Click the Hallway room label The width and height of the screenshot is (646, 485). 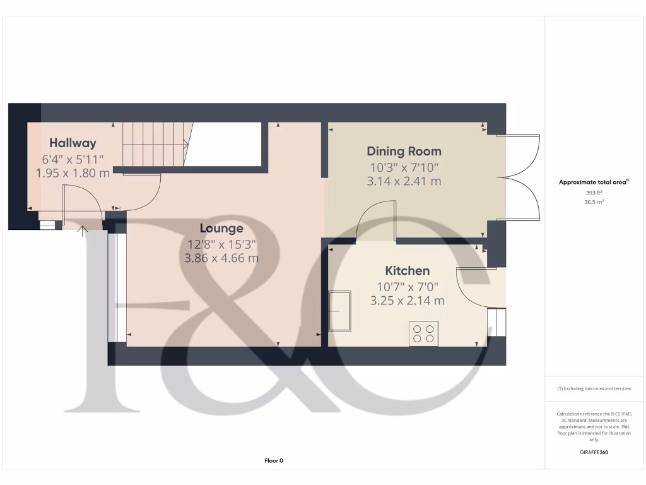pos(73,143)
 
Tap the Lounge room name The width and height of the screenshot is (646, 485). pos(221,228)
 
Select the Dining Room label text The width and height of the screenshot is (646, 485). pos(404,151)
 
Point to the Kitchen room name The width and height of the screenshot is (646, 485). pos(407,271)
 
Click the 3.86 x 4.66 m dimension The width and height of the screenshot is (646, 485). pos(221,258)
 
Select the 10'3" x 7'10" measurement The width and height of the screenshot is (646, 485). pos(404,167)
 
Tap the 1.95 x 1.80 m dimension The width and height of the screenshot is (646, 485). pos(73,172)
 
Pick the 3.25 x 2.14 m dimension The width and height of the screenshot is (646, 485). pos(407,301)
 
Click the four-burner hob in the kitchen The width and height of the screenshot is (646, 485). pos(424,333)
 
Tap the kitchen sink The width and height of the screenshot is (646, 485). pos(340,311)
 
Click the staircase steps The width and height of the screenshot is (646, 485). pos(154,144)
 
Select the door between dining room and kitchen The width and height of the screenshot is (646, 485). pos(376,221)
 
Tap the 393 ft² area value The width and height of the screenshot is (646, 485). pos(594,193)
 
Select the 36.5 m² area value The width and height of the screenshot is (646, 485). pos(594,202)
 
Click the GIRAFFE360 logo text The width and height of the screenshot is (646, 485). pos(594,452)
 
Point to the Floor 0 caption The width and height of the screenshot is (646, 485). pos(273,461)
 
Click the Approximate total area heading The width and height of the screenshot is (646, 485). pos(594,182)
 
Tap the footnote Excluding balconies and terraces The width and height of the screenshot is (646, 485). pos(594,388)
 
